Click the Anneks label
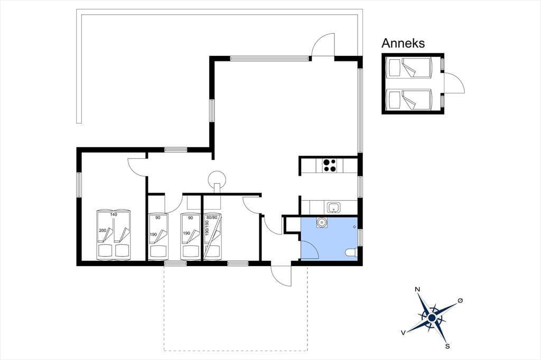403,43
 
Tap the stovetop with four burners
330,165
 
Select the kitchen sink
333,207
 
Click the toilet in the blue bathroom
351,253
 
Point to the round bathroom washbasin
322,222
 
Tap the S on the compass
447,346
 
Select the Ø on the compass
460,301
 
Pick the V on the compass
403,333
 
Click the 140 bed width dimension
114,214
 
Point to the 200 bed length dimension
102,230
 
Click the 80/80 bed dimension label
212,217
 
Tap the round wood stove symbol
217,179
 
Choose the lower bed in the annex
409,99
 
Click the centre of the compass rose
431,317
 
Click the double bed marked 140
113,234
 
